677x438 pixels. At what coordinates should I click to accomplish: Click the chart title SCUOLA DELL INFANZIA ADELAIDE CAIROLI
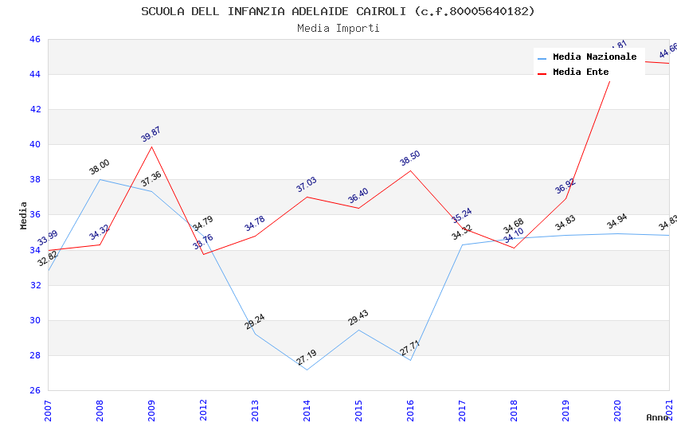click(x=338, y=11)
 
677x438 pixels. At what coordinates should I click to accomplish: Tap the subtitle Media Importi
click(x=338, y=28)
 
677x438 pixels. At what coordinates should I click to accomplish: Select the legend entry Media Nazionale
click(x=594, y=57)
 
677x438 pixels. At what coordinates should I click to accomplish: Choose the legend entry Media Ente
click(x=581, y=72)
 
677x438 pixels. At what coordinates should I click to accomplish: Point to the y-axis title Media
click(x=24, y=215)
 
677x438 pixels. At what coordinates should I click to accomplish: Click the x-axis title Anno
click(x=657, y=417)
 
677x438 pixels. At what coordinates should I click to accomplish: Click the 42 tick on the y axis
click(x=35, y=110)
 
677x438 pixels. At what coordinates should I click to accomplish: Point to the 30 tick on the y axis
click(x=35, y=321)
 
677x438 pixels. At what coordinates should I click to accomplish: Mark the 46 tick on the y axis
click(x=35, y=40)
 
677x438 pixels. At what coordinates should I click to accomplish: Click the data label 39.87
click(x=151, y=134)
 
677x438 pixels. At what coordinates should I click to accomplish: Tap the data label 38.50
click(x=410, y=158)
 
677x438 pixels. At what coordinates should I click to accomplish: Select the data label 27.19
click(x=307, y=357)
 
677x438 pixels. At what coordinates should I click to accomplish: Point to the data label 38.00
click(x=100, y=166)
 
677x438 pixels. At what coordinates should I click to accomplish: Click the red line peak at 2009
click(x=151, y=147)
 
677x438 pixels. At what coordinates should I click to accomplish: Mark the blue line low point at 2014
click(x=307, y=370)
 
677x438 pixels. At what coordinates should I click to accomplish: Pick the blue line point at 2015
click(x=358, y=330)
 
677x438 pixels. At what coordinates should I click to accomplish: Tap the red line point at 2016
click(x=411, y=170)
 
